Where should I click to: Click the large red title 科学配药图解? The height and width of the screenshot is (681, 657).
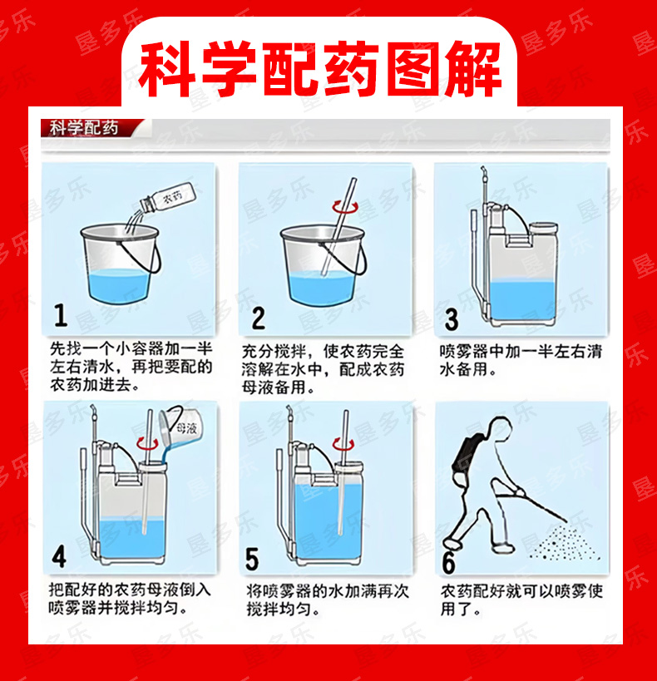(x=320, y=69)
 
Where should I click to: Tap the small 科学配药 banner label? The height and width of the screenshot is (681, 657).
(x=83, y=128)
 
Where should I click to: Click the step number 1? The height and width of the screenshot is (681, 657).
(x=61, y=315)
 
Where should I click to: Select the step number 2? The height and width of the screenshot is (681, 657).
(x=258, y=318)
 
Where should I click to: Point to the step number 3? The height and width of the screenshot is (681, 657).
(x=452, y=319)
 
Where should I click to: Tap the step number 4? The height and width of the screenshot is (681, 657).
(x=59, y=556)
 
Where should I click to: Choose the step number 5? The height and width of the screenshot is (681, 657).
(x=252, y=559)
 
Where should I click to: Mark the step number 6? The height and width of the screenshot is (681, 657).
(x=449, y=562)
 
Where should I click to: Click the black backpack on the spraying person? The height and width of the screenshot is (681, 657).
(x=464, y=455)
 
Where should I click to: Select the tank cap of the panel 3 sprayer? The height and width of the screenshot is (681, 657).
(x=543, y=228)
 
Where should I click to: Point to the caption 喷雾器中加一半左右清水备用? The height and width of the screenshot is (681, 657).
(x=521, y=360)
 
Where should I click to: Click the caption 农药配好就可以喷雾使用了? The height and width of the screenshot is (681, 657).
(x=521, y=600)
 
